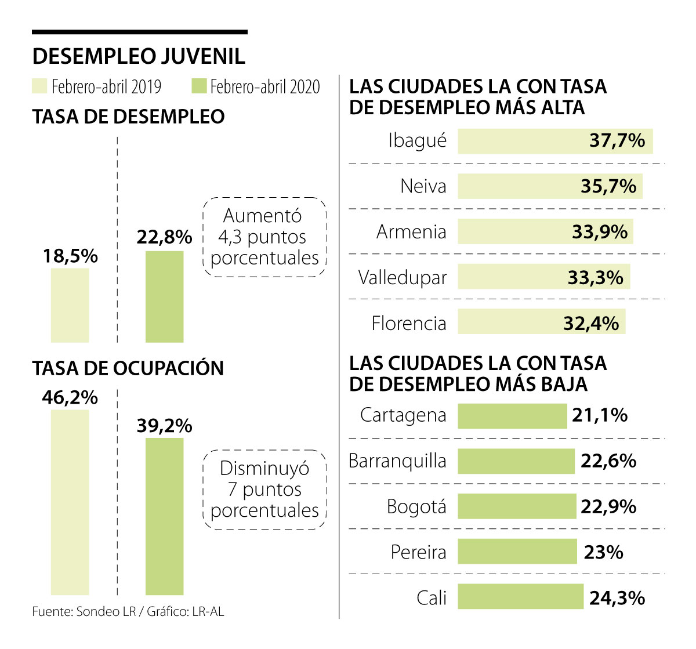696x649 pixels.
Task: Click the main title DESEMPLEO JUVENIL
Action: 139,56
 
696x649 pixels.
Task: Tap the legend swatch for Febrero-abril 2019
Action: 39,86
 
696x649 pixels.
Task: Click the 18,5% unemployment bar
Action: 70,305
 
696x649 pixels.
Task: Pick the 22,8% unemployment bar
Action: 164,296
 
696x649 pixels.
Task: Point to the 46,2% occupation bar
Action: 70,502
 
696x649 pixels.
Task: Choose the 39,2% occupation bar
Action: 164,516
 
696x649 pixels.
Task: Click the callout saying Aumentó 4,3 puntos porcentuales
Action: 264,237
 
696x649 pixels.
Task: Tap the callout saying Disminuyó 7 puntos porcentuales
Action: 264,490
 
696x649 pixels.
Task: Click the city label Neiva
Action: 423,186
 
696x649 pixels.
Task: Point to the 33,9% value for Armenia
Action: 600,232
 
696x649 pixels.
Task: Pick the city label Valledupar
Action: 403,277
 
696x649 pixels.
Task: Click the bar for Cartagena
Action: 512,416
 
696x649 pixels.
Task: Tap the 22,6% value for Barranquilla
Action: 608,461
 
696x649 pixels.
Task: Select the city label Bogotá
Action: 416,506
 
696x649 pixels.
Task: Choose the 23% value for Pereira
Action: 603,552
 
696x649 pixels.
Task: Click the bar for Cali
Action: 520,597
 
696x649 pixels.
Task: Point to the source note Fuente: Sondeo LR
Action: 84,611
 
